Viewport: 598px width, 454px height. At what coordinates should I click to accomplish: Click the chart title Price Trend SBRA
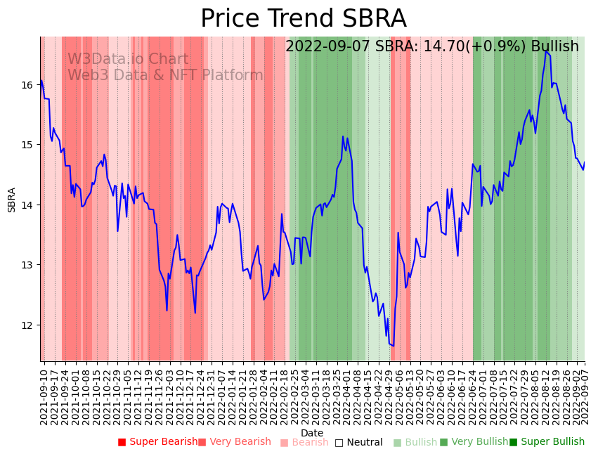[x=303, y=19]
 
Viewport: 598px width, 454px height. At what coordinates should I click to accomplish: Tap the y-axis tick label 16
[x=27, y=85]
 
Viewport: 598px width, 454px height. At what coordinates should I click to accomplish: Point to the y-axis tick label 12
[x=27, y=325]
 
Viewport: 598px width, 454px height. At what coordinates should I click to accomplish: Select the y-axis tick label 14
[x=27, y=205]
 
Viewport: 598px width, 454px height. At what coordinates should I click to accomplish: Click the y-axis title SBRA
[x=12, y=200]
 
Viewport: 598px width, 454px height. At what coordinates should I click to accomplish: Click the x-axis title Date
[x=312, y=433]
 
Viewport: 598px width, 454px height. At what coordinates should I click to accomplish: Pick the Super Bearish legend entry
[x=158, y=442]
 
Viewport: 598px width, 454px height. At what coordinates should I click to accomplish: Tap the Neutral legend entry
[x=359, y=443]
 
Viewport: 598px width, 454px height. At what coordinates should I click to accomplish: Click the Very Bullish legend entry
[x=474, y=442]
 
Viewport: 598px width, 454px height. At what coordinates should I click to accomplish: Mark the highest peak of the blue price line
[x=545, y=51]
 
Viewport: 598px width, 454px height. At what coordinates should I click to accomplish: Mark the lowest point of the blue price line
[x=393, y=346]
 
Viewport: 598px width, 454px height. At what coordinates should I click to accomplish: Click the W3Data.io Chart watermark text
[x=128, y=60]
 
